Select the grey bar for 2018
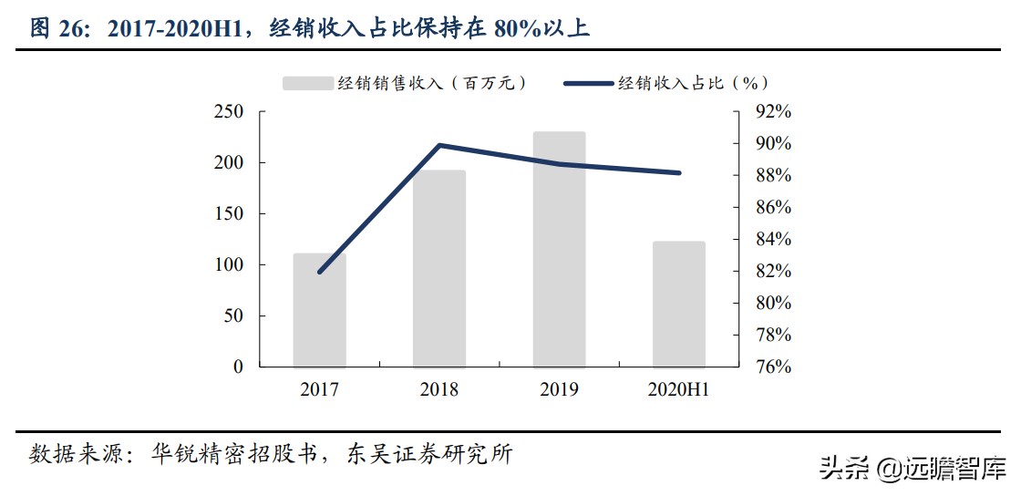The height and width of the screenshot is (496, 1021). (x=439, y=269)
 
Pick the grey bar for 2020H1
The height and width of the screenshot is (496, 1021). (x=679, y=304)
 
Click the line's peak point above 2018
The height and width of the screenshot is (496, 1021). (x=439, y=145)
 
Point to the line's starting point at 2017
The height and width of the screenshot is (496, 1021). (x=319, y=272)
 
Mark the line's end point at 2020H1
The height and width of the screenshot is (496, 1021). (x=679, y=172)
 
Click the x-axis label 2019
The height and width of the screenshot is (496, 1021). (x=559, y=390)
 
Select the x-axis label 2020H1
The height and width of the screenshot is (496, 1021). (x=679, y=390)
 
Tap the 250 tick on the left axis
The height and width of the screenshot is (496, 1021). (x=229, y=112)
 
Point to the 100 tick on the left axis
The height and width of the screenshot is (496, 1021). (x=229, y=265)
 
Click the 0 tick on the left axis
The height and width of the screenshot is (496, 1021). (x=238, y=367)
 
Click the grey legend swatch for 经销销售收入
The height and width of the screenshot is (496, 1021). (x=306, y=83)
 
